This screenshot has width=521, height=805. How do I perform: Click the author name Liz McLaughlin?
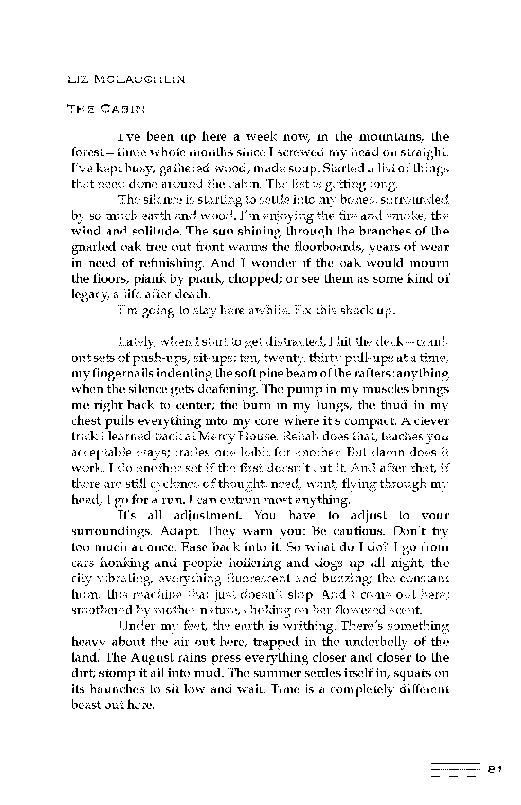(x=126, y=79)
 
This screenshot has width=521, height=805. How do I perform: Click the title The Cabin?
(x=106, y=109)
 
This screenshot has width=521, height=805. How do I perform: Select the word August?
(x=150, y=658)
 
